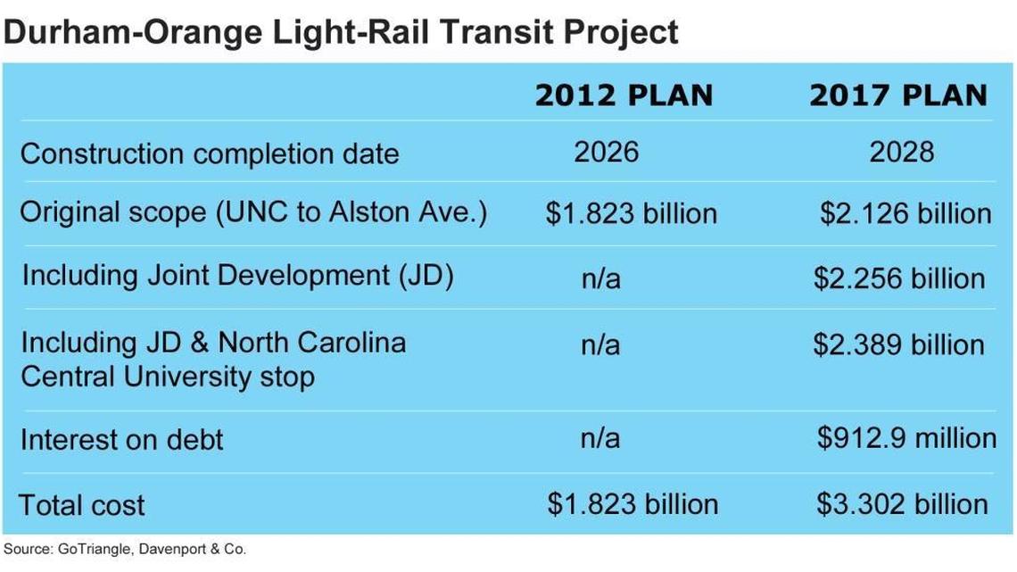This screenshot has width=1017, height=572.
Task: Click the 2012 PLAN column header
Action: pyautogui.click(x=624, y=95)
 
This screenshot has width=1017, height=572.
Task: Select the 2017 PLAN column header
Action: pyautogui.click(x=897, y=95)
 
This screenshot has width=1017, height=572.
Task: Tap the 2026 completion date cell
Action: pyautogui.click(x=607, y=152)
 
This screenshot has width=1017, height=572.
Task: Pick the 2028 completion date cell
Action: pyautogui.click(x=902, y=152)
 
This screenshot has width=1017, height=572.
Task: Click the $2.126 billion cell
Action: pyautogui.click(x=905, y=214)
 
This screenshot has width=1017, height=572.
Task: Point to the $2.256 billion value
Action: pyautogui.click(x=899, y=278)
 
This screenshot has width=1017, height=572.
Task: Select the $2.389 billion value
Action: pyautogui.click(x=898, y=344)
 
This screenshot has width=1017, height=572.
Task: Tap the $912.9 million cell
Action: pyautogui.click(x=906, y=437)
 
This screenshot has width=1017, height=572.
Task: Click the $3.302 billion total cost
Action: pyautogui.click(x=902, y=503)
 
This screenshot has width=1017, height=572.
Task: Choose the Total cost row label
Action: pyautogui.click(x=82, y=505)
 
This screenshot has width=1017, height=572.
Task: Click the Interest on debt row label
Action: pyautogui.click(x=121, y=440)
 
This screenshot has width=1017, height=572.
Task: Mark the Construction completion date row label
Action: pyautogui.click(x=210, y=153)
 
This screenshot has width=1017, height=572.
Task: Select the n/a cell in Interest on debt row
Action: pyautogui.click(x=600, y=437)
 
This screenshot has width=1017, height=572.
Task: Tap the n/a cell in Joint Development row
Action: pyautogui.click(x=600, y=278)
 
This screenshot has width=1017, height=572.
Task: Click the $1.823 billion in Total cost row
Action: pyautogui.click(x=633, y=503)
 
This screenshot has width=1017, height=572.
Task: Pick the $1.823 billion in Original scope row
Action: pyautogui.click(x=632, y=214)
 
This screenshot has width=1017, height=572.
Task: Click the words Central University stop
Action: pyautogui.click(x=168, y=377)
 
